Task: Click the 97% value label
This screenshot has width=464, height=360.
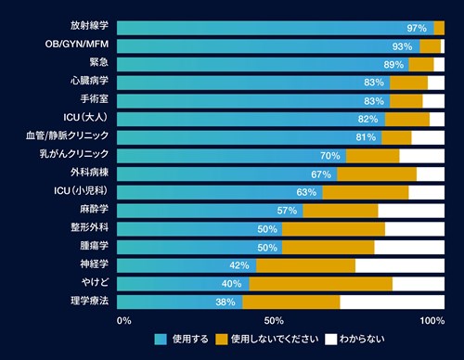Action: (417, 28)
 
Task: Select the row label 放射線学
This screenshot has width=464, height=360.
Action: (89, 25)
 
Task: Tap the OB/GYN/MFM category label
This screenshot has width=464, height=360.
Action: (77, 44)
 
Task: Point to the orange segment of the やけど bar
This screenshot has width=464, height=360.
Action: (321, 284)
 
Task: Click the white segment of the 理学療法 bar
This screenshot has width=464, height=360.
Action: (393, 302)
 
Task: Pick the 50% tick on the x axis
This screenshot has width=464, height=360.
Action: (274, 321)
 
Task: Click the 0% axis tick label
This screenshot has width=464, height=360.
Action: (124, 321)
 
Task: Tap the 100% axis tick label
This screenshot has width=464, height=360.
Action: (432, 321)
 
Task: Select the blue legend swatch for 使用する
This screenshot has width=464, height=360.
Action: (161, 340)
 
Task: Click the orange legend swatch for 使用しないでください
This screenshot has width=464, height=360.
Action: (222, 340)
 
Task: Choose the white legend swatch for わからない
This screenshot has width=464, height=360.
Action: (330, 340)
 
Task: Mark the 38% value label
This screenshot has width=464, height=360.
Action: (226, 302)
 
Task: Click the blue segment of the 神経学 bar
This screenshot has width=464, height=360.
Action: (187, 265)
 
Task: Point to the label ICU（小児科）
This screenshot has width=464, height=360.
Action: (81, 190)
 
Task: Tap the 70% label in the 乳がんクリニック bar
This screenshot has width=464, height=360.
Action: (330, 156)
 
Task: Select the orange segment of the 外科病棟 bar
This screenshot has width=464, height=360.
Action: (377, 174)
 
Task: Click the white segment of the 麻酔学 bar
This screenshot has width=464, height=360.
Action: (411, 211)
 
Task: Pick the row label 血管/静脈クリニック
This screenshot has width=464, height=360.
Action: (68, 135)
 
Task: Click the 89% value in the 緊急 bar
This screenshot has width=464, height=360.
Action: (393, 65)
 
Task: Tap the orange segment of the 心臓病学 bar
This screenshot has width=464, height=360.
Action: (408, 83)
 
